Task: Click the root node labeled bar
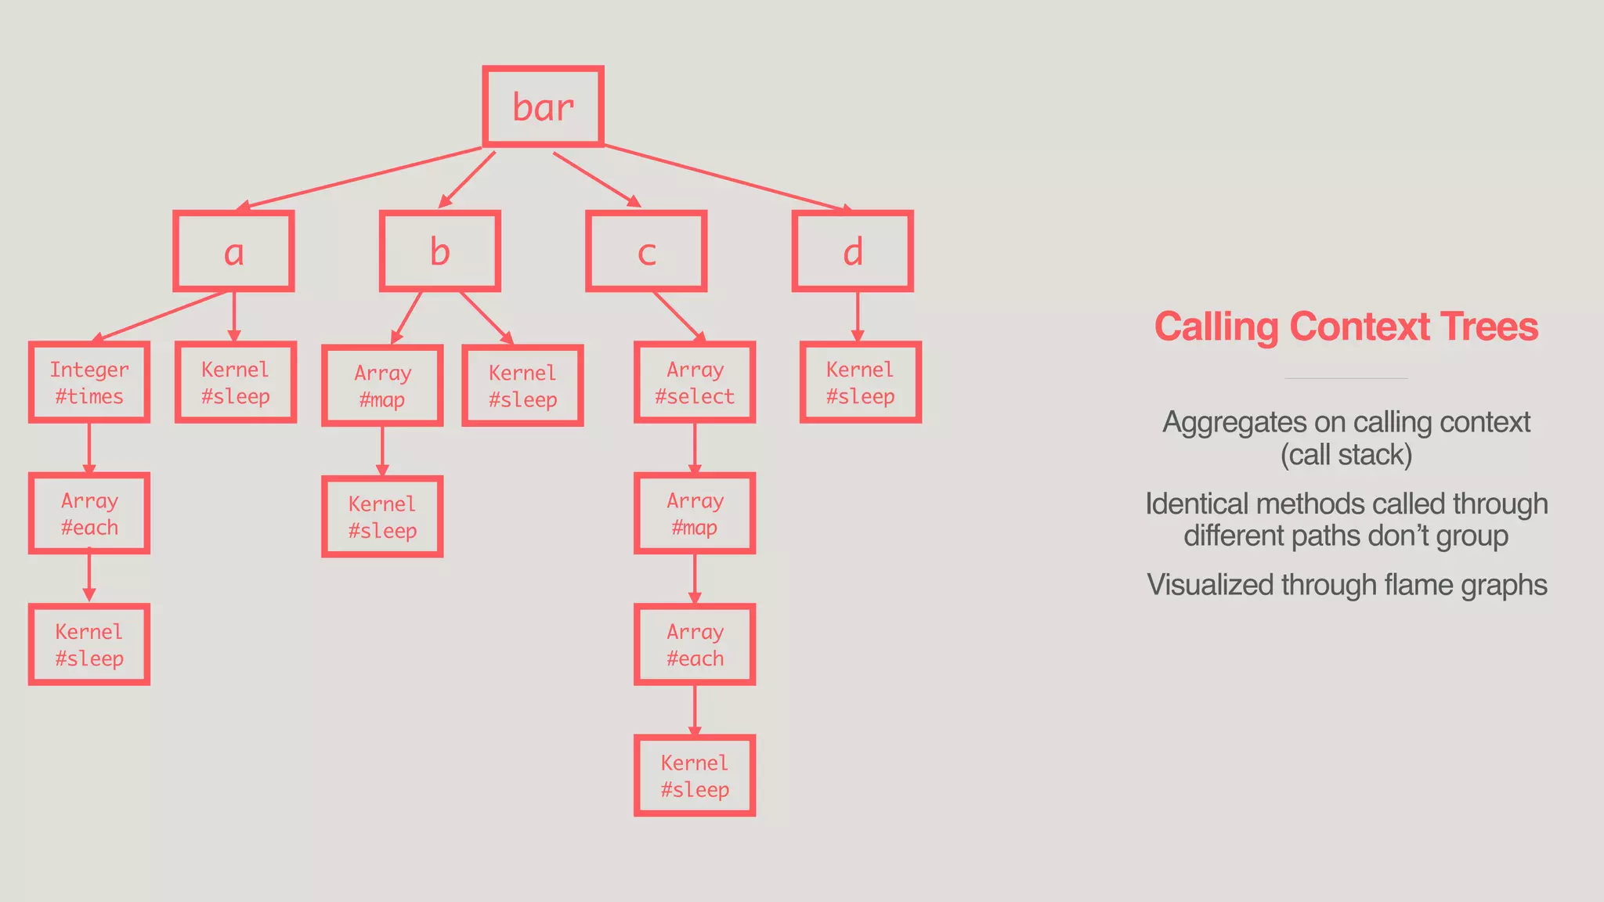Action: pos(543,106)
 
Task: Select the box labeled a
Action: pos(233,251)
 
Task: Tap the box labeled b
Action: pos(439,251)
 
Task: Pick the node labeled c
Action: pos(646,251)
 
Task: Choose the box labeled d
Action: pos(852,251)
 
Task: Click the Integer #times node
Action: pos(89,383)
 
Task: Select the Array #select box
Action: pos(695,383)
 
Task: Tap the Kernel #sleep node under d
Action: pos(860,383)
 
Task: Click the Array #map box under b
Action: pos(382,386)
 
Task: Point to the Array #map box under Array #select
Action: pos(695,514)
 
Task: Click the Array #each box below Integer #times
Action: pos(89,514)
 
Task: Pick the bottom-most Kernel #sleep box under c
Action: pos(695,776)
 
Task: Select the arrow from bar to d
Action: pos(728,179)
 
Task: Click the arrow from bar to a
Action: pos(360,178)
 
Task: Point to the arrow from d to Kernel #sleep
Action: pos(857,316)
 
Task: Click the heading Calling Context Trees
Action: pos(1346,327)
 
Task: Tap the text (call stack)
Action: pos(1346,455)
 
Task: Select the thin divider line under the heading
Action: pos(1346,379)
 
